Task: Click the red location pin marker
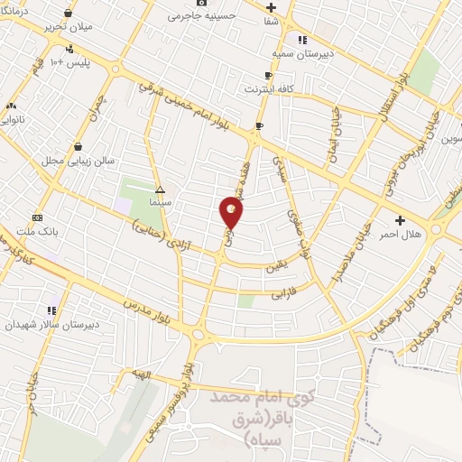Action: pyautogui.click(x=232, y=213)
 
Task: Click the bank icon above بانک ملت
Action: pyautogui.click(x=36, y=217)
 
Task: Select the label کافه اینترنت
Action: pyautogui.click(x=266, y=89)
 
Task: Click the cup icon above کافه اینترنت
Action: pyautogui.click(x=267, y=76)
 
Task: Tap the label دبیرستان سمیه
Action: pyautogui.click(x=306, y=55)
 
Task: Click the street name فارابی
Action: pyautogui.click(x=283, y=294)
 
